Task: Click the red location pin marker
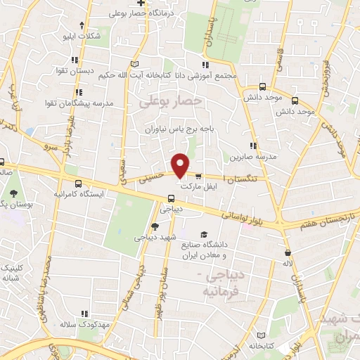click(x=181, y=165)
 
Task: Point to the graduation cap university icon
click(x=203, y=234)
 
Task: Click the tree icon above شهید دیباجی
click(x=155, y=226)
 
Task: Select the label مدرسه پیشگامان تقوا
click(x=91, y=103)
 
